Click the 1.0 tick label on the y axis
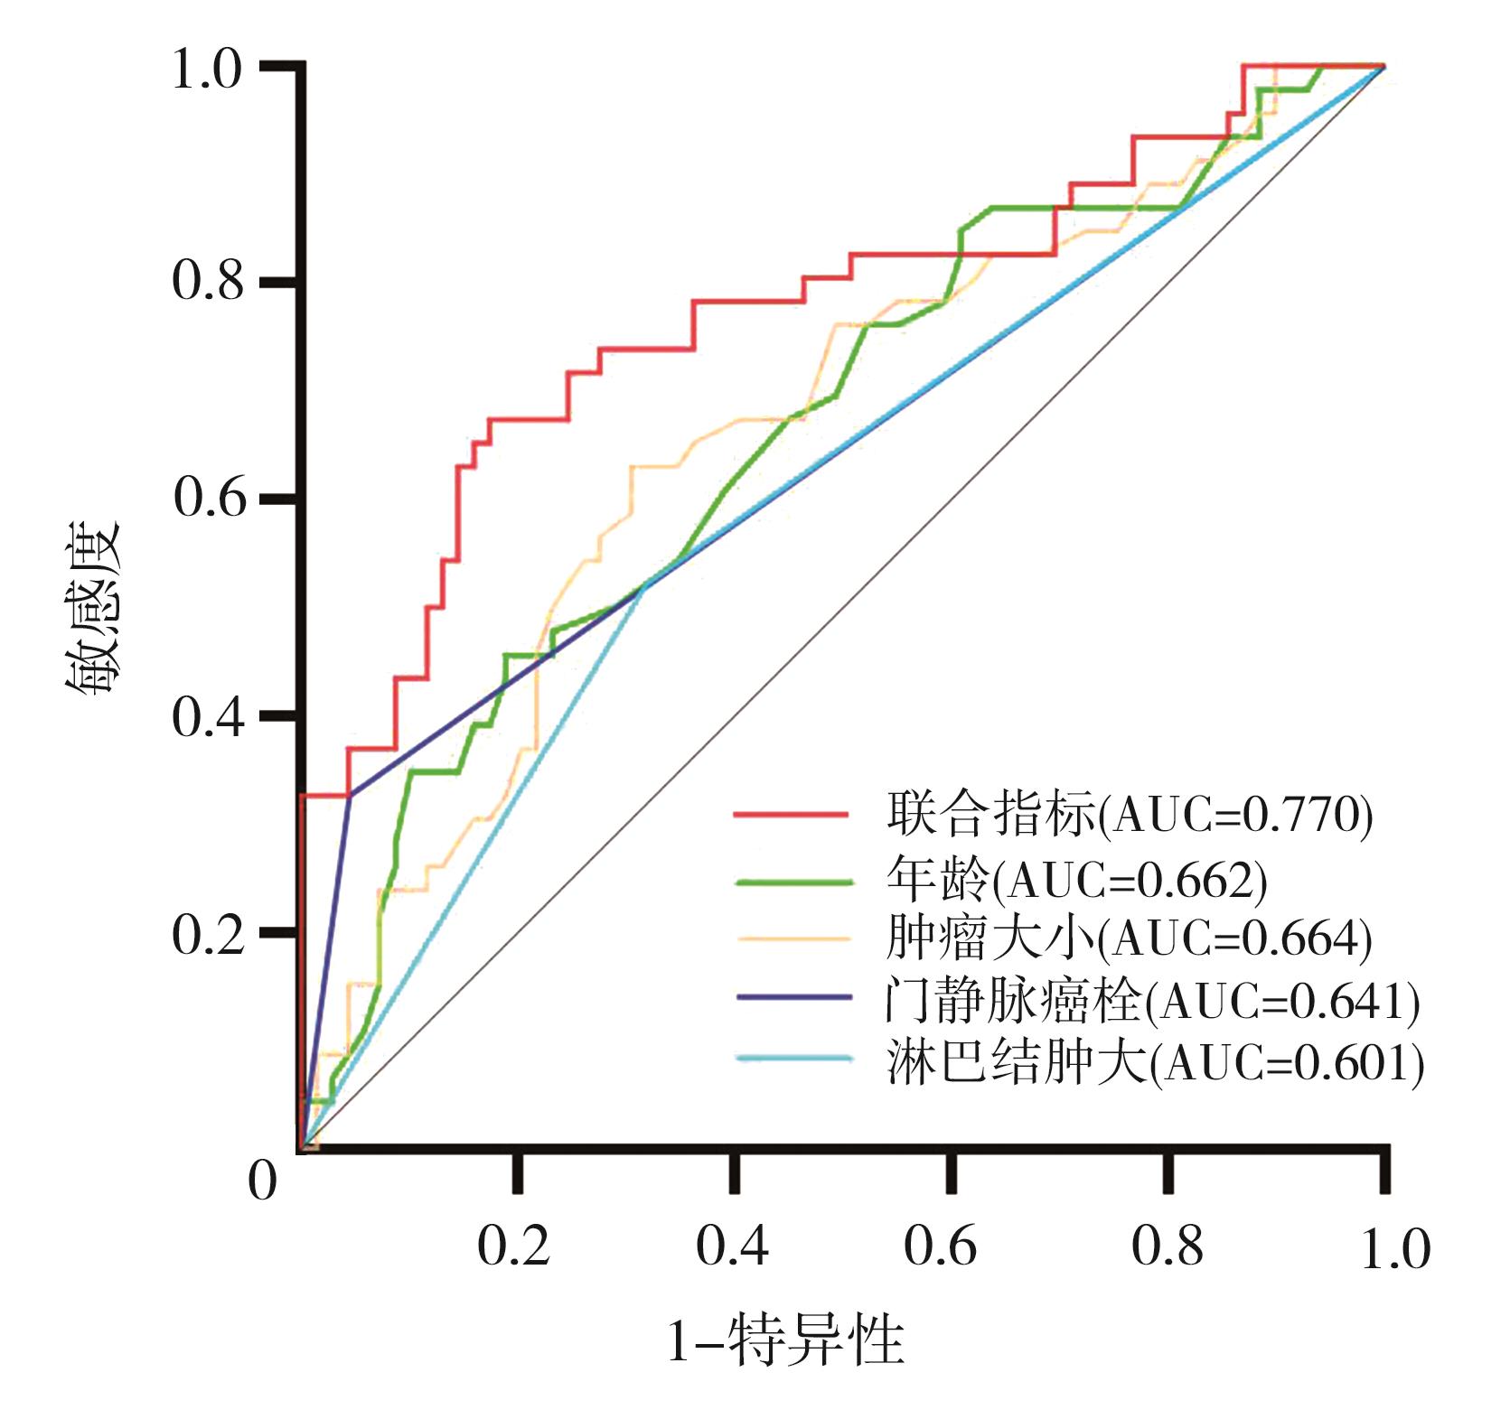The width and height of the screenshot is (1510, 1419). click(x=207, y=70)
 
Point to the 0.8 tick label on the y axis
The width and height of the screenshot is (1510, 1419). click(x=207, y=281)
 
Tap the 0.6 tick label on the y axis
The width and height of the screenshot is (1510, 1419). click(x=207, y=497)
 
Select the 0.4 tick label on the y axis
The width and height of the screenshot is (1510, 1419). click(x=207, y=717)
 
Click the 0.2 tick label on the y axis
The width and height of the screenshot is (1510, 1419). click(x=207, y=934)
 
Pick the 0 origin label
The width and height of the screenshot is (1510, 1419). click(x=262, y=1180)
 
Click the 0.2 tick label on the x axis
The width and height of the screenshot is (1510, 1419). click(x=513, y=1246)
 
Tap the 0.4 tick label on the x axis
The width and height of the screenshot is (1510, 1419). click(x=732, y=1246)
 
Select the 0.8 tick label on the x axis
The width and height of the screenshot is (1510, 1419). click(x=1167, y=1246)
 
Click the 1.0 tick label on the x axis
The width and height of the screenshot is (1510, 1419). click(x=1395, y=1250)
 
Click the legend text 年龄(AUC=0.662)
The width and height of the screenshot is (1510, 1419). click(x=1076, y=878)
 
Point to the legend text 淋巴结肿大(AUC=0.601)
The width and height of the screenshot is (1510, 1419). click(x=1155, y=1062)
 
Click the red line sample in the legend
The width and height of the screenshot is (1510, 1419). click(x=792, y=815)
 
